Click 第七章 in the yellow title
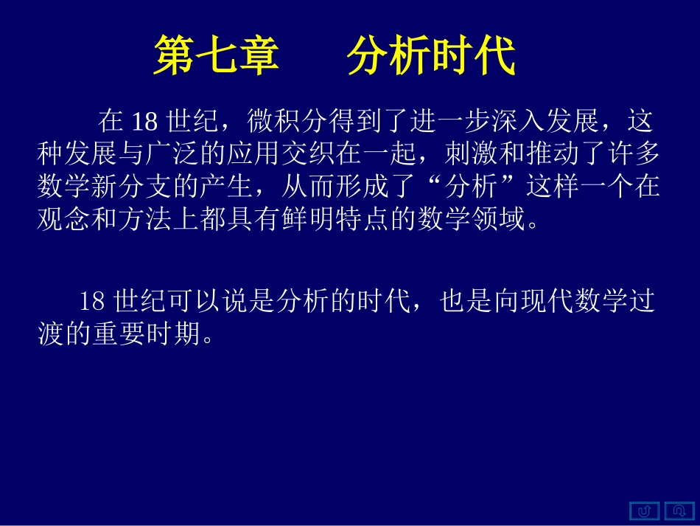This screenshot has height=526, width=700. [x=216, y=56]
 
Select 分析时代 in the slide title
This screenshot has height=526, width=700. [x=431, y=56]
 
